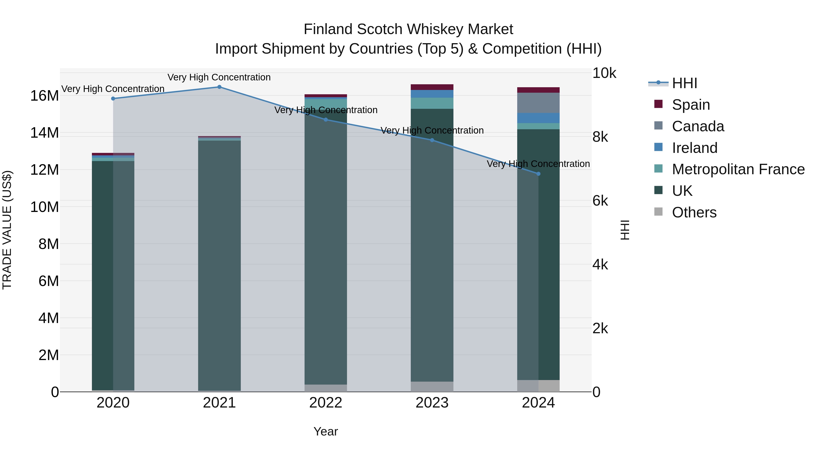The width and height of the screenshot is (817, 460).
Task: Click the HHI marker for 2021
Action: coord(219,87)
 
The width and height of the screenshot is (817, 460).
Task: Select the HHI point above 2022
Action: coord(326,120)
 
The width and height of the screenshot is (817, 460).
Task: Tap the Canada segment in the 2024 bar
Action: coord(538,103)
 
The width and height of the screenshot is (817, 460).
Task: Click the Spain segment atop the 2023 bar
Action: coord(432,87)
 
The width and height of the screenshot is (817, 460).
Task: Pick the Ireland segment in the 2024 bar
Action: coord(538,118)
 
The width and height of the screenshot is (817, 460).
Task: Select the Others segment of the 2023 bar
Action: coord(432,386)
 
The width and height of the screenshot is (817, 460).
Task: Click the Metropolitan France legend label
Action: coord(738,169)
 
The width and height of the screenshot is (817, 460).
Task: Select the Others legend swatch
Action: coord(658,212)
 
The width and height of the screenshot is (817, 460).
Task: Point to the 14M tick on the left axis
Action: coord(44,133)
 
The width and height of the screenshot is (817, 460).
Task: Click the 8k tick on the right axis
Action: coord(600,137)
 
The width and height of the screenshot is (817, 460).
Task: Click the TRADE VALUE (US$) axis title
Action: coord(7,230)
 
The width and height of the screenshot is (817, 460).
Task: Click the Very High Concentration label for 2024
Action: coord(538,164)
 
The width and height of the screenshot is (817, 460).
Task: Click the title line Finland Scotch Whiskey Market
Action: coord(408,29)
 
